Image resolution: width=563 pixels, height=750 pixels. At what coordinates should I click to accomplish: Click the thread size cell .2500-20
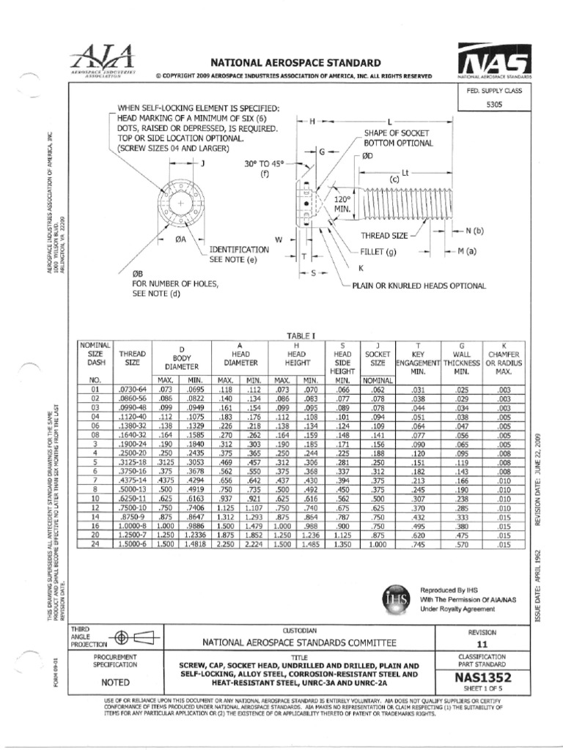[133, 453]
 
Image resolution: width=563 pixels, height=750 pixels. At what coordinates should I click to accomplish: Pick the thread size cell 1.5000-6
[133, 545]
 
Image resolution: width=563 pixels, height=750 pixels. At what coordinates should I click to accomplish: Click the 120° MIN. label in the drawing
[344, 204]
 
